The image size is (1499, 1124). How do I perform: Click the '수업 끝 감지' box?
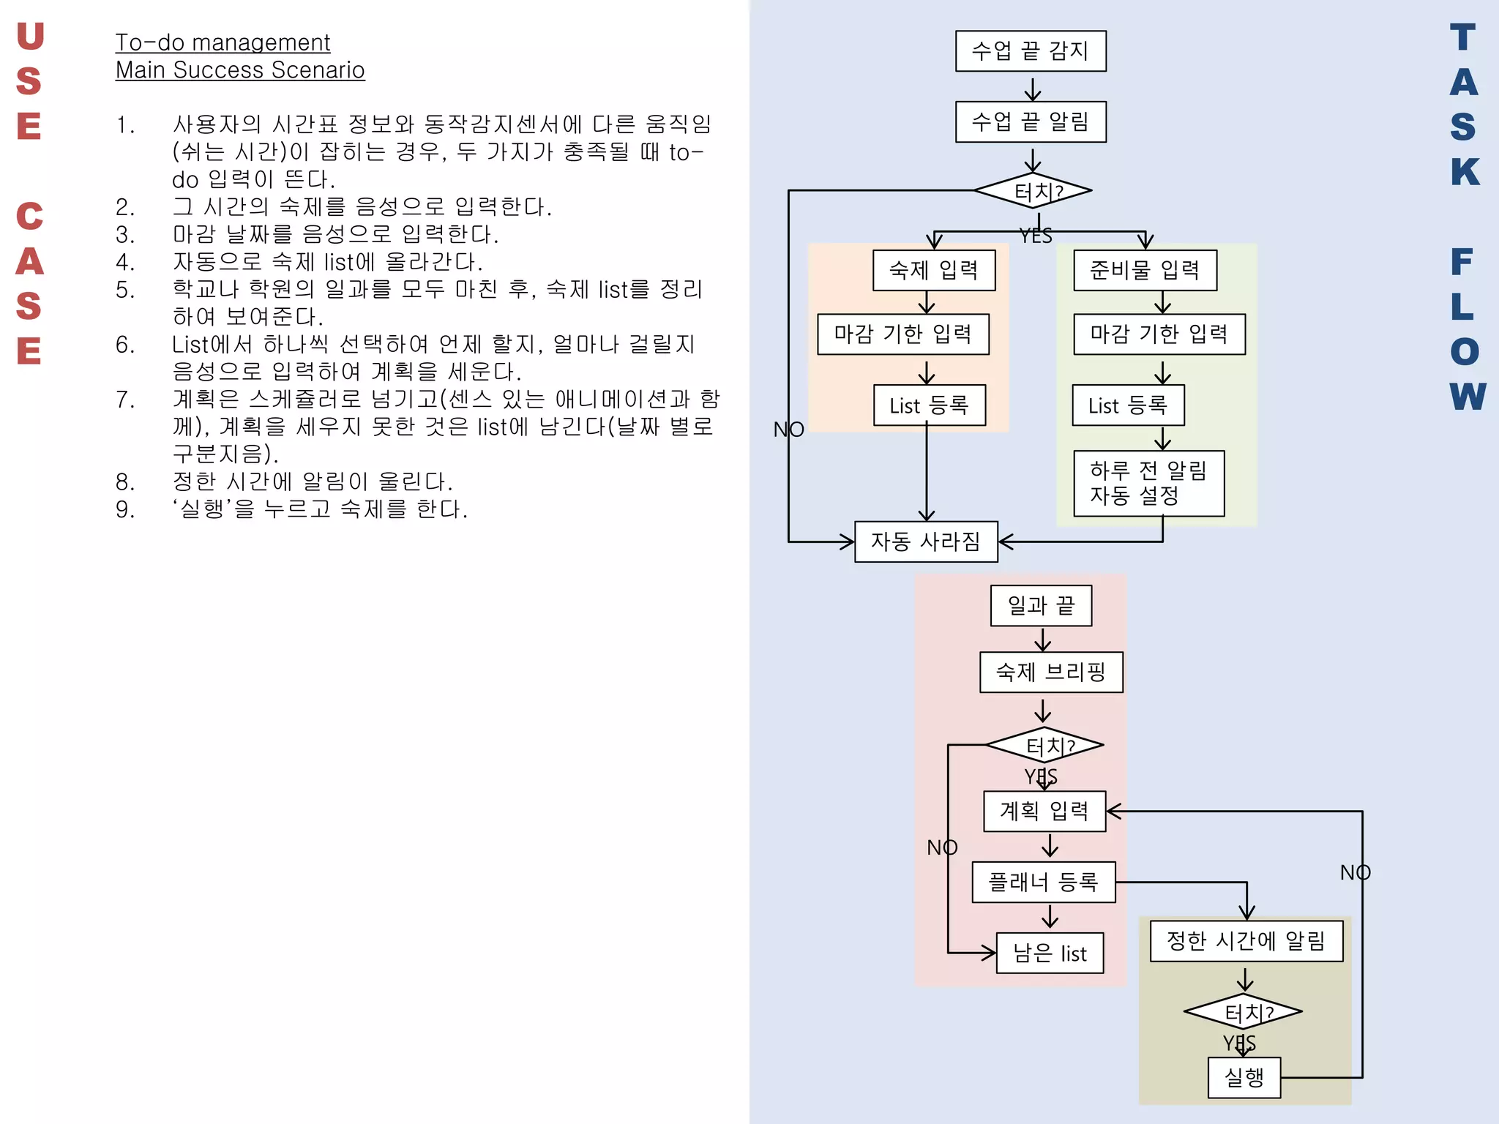click(1031, 51)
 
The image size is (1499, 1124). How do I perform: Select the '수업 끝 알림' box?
click(1031, 121)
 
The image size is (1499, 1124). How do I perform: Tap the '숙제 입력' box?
click(934, 271)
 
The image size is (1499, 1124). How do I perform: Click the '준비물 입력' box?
click(1145, 271)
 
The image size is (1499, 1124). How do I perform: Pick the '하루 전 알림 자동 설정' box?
click(1148, 483)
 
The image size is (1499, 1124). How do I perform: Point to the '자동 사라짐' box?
click(926, 542)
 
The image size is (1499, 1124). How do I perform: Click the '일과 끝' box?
click(1041, 606)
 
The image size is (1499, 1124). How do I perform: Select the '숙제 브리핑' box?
click(1051, 672)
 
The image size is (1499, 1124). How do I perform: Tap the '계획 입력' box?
click(1044, 811)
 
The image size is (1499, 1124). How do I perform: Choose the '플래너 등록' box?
click(1044, 882)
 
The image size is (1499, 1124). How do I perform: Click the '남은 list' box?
click(1050, 953)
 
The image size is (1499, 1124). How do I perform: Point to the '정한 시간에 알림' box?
click(1246, 941)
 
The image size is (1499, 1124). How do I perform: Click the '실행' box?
click(1244, 1077)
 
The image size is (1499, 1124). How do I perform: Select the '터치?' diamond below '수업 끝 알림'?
click(1033, 191)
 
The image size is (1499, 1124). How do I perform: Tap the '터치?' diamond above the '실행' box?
click(1243, 1012)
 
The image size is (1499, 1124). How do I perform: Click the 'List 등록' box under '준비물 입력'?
click(1128, 405)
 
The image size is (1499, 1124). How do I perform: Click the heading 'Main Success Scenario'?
click(240, 70)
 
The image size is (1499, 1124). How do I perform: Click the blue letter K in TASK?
click(1465, 172)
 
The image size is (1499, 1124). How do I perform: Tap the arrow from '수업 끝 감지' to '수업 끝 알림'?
click(1032, 87)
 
